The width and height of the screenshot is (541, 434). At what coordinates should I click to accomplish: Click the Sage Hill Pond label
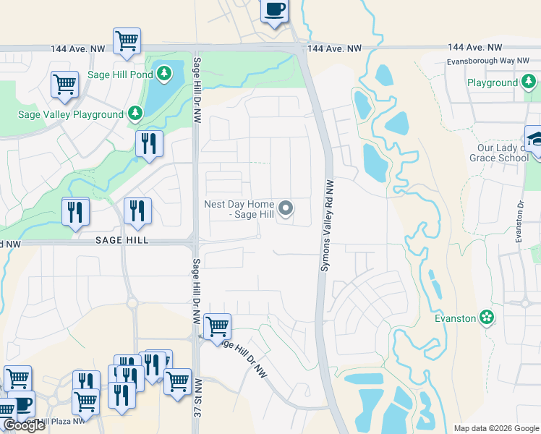pos(120,73)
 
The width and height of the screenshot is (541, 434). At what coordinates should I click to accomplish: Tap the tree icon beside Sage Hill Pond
pos(165,73)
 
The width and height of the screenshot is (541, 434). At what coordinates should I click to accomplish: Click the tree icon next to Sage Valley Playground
pos(135,114)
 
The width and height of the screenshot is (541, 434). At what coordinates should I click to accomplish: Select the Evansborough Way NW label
pos(491,63)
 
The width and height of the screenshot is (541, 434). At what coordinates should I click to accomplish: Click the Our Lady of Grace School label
pos(496,153)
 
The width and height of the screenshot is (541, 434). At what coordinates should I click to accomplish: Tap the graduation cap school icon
pos(535,140)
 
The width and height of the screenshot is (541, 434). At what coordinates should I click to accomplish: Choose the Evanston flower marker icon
pos(487,318)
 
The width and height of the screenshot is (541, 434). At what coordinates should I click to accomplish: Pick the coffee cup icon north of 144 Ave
pos(274,10)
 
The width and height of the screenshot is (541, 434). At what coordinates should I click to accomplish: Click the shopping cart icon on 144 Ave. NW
pos(127,41)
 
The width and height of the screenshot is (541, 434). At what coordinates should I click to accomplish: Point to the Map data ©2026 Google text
pos(495,428)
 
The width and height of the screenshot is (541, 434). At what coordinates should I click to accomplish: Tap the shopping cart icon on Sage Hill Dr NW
pos(217,326)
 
